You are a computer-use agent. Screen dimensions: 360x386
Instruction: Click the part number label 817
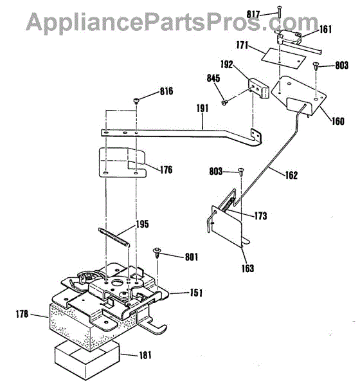tap(253, 14)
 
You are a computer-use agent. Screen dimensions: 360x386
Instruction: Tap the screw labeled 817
tap(279, 12)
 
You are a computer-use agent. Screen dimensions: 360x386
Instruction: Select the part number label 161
tap(325, 30)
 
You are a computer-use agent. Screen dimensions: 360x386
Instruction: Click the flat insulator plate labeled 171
tap(283, 59)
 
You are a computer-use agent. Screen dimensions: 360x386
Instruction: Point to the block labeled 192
tap(258, 88)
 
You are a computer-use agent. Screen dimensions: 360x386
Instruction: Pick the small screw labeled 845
tap(224, 102)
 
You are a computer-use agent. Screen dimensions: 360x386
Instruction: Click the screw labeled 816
tap(136, 101)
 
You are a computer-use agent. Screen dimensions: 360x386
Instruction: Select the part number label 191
tap(203, 108)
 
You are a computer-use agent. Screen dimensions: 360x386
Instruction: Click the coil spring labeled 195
tap(111, 237)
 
